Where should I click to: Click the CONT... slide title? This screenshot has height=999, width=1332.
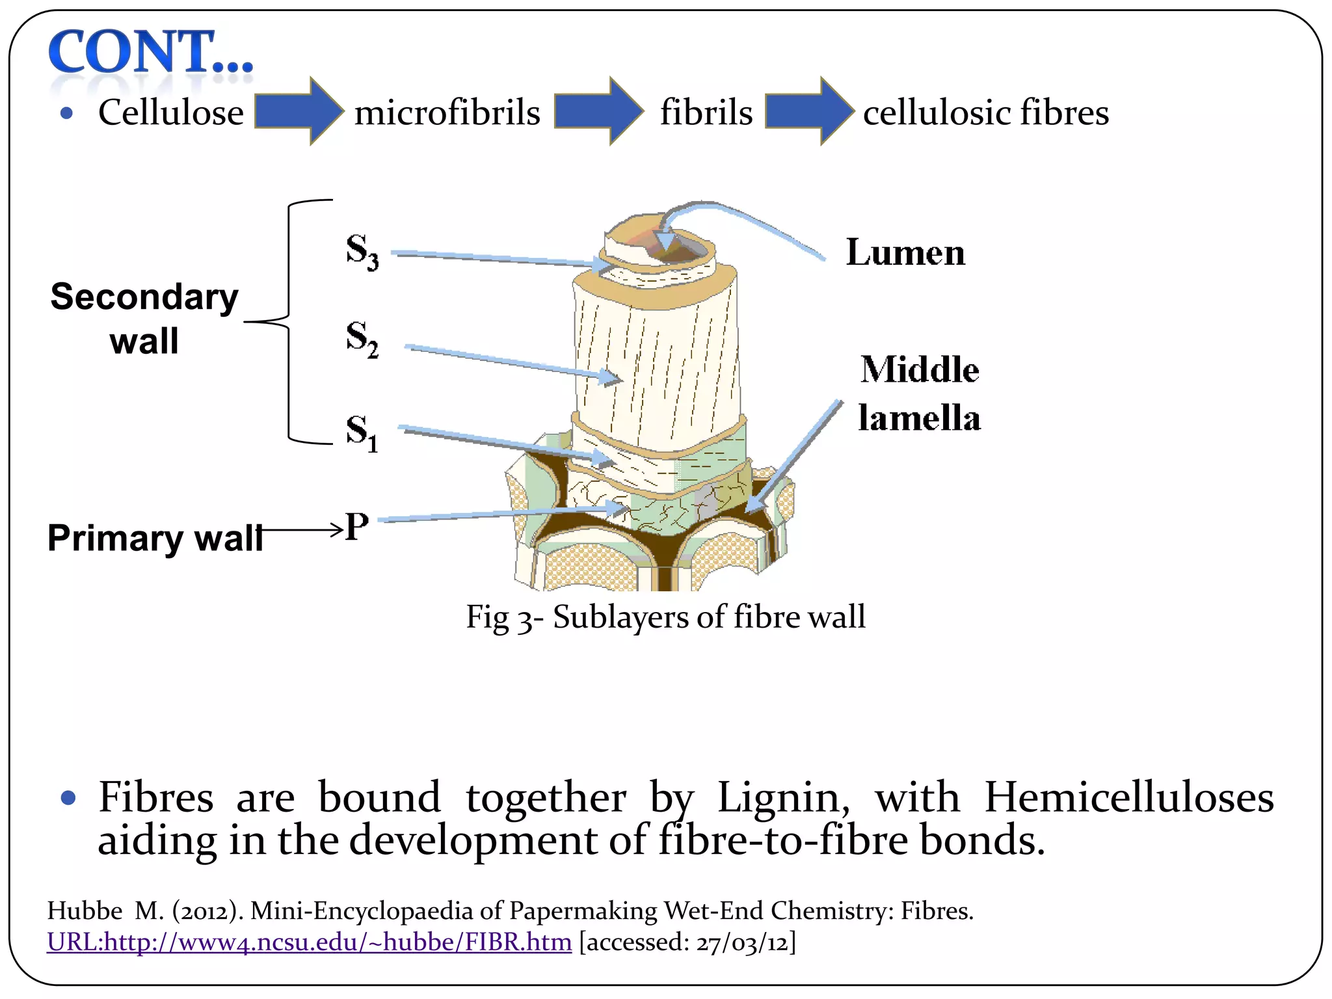(x=151, y=52)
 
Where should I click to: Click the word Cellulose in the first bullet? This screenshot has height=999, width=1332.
(x=171, y=113)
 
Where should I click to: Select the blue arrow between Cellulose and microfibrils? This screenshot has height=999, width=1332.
(x=298, y=111)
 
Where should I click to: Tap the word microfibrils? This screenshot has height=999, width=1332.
(x=447, y=113)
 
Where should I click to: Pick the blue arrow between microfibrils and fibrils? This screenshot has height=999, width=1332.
(x=598, y=111)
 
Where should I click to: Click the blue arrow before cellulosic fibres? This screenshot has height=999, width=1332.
(x=808, y=111)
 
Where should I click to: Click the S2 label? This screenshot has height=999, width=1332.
(x=362, y=339)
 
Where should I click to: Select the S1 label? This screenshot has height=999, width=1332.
(x=362, y=433)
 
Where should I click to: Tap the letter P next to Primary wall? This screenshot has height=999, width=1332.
(x=357, y=526)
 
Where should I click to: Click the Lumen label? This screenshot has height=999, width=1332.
(x=905, y=252)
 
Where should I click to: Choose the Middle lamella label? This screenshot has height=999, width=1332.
(x=919, y=393)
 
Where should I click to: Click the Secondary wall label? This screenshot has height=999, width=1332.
(x=144, y=319)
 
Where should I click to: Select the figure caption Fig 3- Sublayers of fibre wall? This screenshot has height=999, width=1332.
(x=665, y=617)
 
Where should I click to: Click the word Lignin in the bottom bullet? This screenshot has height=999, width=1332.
(x=783, y=797)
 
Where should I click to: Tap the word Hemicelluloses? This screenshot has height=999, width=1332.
(x=1128, y=797)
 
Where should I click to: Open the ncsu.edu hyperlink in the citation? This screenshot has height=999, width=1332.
(x=309, y=942)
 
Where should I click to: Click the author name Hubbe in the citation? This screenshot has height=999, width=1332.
(x=85, y=911)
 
